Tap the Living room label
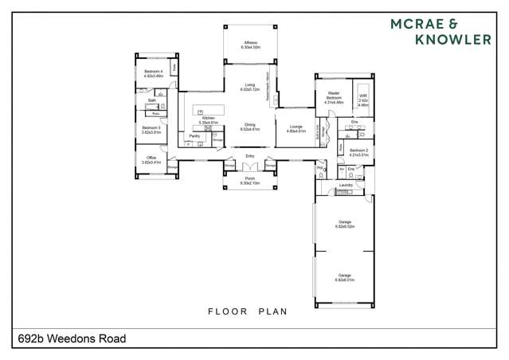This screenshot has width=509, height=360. [250, 87]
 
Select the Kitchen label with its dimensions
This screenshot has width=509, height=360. [209, 120]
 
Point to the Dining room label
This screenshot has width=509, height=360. [250, 127]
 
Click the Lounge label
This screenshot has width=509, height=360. [296, 129]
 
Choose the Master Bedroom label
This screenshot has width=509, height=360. [333, 99]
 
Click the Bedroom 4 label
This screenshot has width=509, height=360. [153, 73]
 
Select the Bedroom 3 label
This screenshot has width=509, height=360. [151, 130]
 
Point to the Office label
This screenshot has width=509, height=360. [151, 160]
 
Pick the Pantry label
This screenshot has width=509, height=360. [194, 136]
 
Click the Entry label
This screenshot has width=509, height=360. [250, 156]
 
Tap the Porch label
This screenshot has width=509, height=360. [250, 181]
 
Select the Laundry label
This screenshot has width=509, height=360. [346, 186]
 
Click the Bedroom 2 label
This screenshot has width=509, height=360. [359, 151]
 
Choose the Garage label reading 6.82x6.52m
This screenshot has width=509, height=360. [345, 225]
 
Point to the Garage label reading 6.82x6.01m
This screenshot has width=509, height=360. [345, 278]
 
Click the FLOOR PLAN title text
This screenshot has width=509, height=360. [248, 311]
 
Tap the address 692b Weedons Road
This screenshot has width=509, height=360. [72, 338]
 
